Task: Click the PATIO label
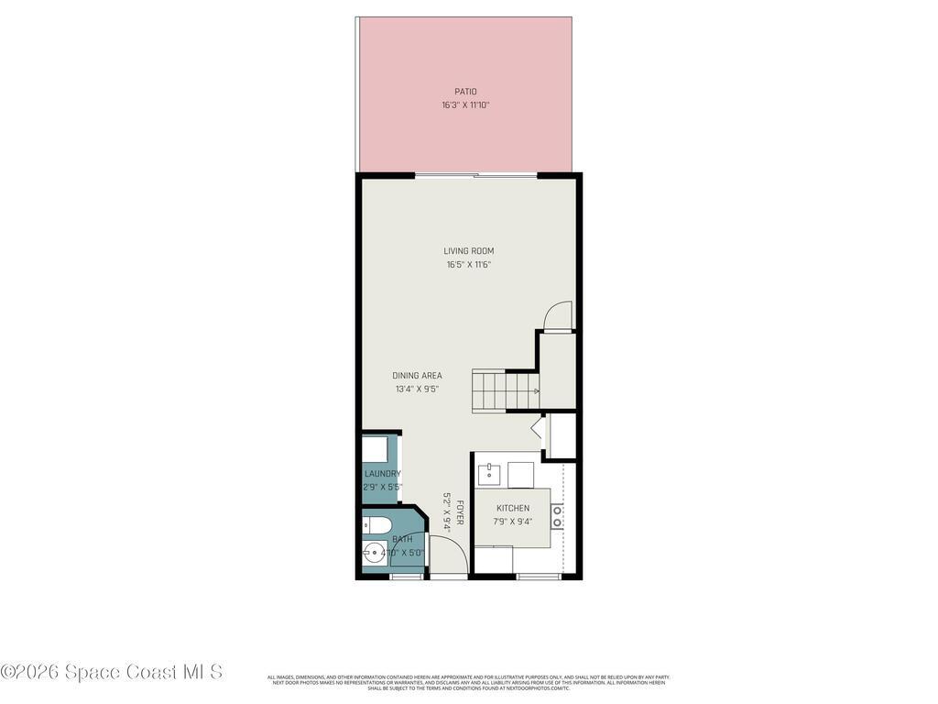pyautogui.click(x=465, y=92)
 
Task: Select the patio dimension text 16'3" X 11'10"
pyautogui.click(x=465, y=105)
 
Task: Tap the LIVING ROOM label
pyautogui.click(x=469, y=251)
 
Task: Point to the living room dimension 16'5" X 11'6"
pyautogui.click(x=469, y=265)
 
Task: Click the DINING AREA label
pyautogui.click(x=417, y=376)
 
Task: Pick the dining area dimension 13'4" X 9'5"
pyautogui.click(x=417, y=389)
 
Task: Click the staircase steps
pyautogui.click(x=502, y=390)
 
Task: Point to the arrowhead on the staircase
pyautogui.click(x=536, y=391)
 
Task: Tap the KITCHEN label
pyautogui.click(x=513, y=509)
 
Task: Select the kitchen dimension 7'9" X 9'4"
pyautogui.click(x=513, y=522)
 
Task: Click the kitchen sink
pyautogui.click(x=488, y=474)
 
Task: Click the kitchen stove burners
pyautogui.click(x=556, y=515)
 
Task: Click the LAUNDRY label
pyautogui.click(x=382, y=474)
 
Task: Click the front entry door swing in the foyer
pyautogui.click(x=448, y=555)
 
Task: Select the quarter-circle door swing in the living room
pyautogui.click(x=557, y=316)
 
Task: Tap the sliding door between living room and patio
pyautogui.click(x=475, y=174)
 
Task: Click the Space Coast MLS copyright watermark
pyautogui.click(x=112, y=672)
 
